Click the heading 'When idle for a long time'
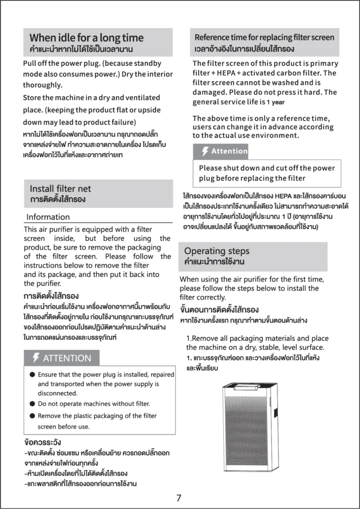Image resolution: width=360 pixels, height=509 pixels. click(x=87, y=38)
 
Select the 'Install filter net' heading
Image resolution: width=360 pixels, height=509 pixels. click(x=60, y=189)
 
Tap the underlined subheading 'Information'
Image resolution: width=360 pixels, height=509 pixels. click(x=48, y=217)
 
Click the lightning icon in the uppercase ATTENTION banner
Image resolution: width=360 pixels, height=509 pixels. click(x=36, y=358)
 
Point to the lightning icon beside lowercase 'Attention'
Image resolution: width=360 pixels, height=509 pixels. click(x=205, y=151)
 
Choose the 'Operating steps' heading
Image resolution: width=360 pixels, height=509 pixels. click(x=217, y=251)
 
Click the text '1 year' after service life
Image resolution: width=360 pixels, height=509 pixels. click(x=276, y=102)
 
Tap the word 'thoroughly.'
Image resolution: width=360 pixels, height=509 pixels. click(x=43, y=85)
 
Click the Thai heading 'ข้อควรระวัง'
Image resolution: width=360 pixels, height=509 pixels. click(x=43, y=442)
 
